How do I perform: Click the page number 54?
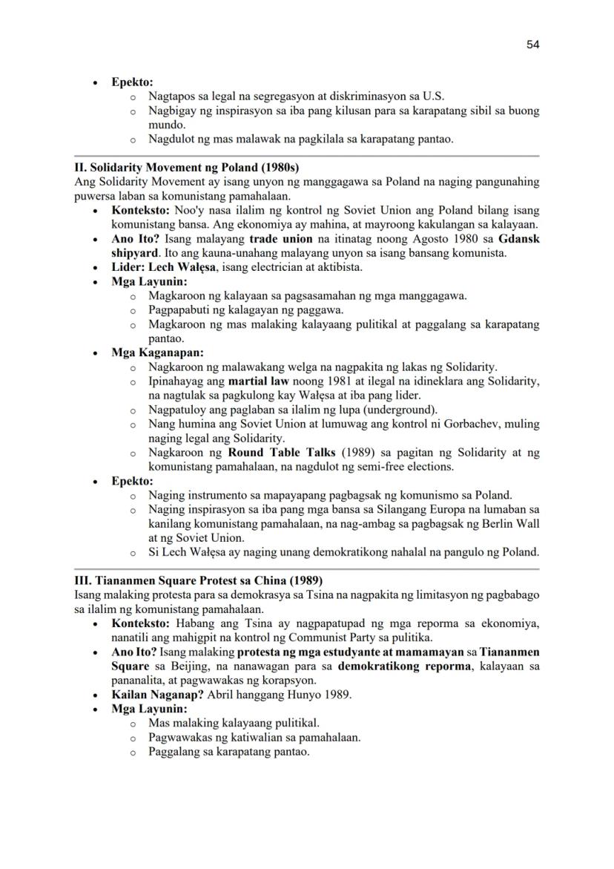point(532,45)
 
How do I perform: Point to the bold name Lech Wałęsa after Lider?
point(179,267)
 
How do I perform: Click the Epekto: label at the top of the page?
point(132,82)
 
